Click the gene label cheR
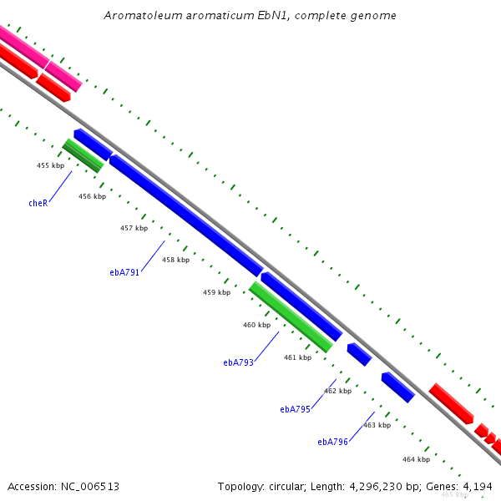[x=38, y=203]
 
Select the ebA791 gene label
[x=124, y=272]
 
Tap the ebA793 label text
[x=238, y=362]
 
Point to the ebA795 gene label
[x=296, y=409]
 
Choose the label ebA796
[x=332, y=442]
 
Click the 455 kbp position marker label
[x=50, y=165]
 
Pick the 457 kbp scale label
[x=134, y=228]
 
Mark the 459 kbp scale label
[x=216, y=292]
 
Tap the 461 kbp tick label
[x=298, y=357]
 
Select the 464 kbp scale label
[x=417, y=459]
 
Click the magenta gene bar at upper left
[x=40, y=58]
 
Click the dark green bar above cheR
[x=83, y=155]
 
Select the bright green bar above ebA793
[x=291, y=317]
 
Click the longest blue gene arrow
[x=186, y=215]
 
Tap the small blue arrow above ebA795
[x=359, y=354]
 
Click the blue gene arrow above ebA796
[x=398, y=387]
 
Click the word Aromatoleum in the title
[x=144, y=15]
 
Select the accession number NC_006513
[x=90, y=487]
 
